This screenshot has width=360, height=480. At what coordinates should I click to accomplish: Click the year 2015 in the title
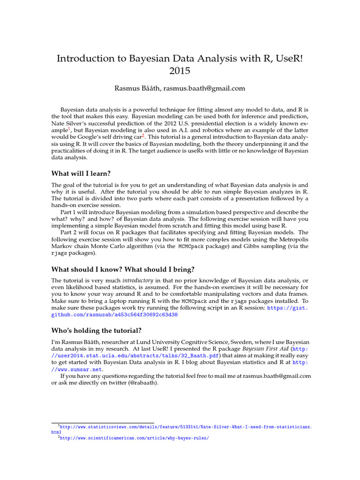click(x=180, y=71)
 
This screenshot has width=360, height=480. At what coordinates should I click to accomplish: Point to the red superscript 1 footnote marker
click(x=69, y=128)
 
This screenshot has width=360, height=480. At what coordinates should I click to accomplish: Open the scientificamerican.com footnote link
click(x=134, y=438)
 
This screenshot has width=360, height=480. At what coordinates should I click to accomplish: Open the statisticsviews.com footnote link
click(x=183, y=427)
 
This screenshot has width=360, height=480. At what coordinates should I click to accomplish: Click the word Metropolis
click(x=294, y=239)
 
